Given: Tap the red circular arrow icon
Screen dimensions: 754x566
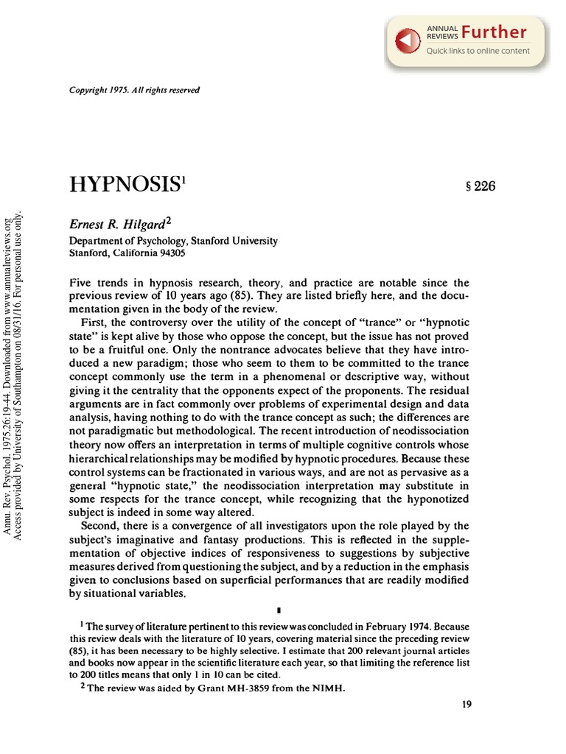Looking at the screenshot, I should point(408,41).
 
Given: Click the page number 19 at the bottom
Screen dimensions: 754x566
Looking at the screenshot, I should point(466,704).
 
